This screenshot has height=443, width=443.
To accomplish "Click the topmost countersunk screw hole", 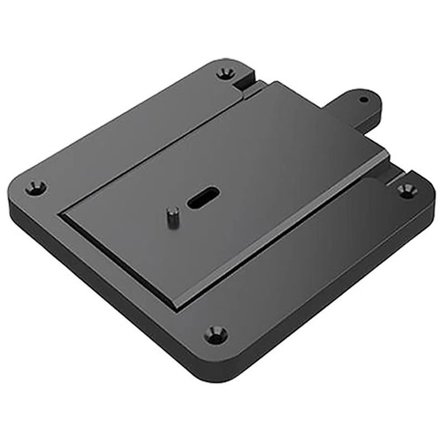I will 224,73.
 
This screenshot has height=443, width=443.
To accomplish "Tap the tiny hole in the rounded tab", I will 363,100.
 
